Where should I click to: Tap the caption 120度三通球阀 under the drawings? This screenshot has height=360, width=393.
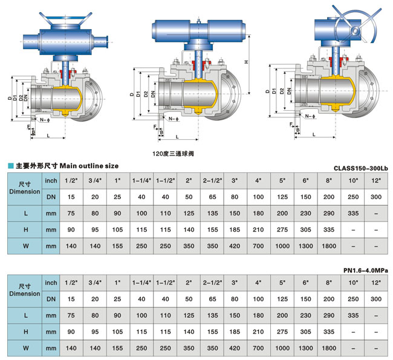[x=174, y=154]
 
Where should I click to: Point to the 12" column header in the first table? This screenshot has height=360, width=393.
[x=376, y=180]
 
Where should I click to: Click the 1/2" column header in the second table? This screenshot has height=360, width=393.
[x=71, y=283]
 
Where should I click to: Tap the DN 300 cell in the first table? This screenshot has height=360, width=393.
[x=376, y=197]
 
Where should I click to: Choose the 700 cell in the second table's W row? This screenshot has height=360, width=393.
[x=258, y=349]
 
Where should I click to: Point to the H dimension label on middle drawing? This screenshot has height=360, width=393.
[x=245, y=62]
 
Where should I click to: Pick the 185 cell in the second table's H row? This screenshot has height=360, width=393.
[x=234, y=332]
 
